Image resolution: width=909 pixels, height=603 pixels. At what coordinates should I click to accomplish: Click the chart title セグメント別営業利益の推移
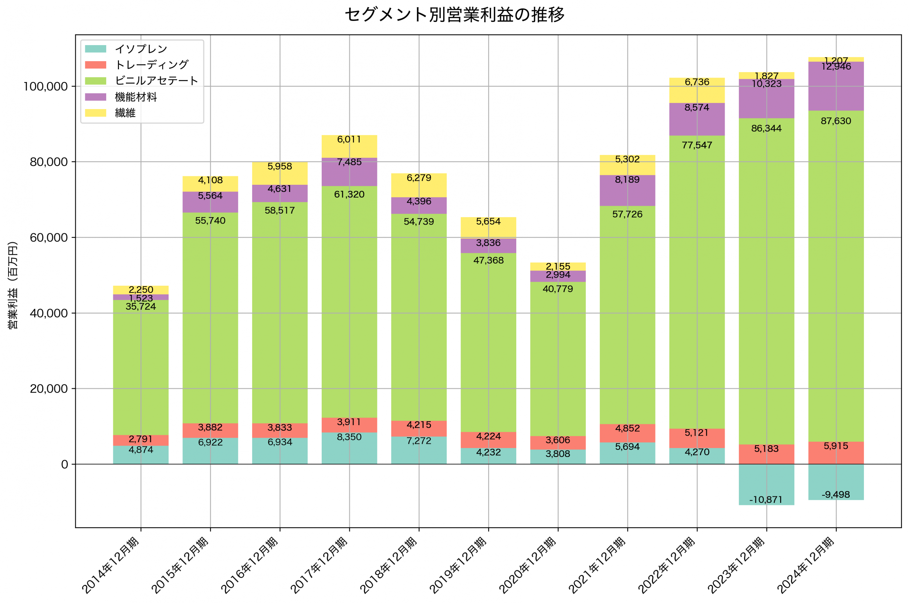click(x=454, y=15)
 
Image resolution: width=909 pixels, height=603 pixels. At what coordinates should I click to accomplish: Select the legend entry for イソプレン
click(x=141, y=49)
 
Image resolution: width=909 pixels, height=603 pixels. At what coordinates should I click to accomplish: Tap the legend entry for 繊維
click(x=125, y=113)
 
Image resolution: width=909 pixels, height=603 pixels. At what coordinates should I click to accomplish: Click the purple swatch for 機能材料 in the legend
click(x=95, y=97)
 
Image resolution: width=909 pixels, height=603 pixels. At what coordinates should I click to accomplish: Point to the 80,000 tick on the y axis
click(x=48, y=162)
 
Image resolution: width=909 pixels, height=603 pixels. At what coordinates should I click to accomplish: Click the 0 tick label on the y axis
click(x=65, y=464)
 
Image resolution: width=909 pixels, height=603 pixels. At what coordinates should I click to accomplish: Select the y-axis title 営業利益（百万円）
click(x=13, y=285)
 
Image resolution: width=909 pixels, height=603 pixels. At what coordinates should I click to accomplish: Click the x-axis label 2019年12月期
click(x=458, y=565)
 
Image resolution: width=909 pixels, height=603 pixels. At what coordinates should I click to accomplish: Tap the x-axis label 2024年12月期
click(x=806, y=565)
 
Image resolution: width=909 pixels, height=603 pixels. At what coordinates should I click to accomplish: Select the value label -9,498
click(x=835, y=495)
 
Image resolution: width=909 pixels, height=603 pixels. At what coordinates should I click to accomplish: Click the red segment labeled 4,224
click(x=488, y=440)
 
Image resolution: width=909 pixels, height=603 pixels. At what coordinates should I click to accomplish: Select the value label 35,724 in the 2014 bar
click(x=141, y=307)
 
